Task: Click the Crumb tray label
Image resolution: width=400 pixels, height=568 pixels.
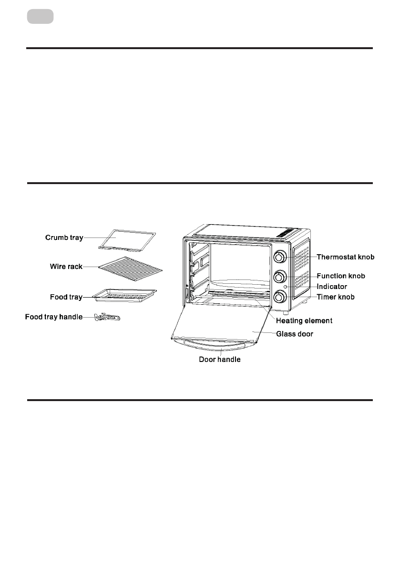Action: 64,238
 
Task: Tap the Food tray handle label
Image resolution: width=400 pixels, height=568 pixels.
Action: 54,317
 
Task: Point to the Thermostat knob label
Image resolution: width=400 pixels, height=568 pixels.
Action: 346,257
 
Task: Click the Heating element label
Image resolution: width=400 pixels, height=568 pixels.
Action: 304,321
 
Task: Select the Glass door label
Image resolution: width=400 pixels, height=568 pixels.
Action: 295,334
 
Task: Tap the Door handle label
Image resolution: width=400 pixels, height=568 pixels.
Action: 219,360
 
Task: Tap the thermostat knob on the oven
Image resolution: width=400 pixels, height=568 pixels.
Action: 280,257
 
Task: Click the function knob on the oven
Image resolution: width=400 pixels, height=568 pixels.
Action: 280,277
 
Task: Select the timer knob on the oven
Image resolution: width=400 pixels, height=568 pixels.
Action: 280,297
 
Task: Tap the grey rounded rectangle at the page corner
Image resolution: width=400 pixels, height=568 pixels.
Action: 40,17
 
